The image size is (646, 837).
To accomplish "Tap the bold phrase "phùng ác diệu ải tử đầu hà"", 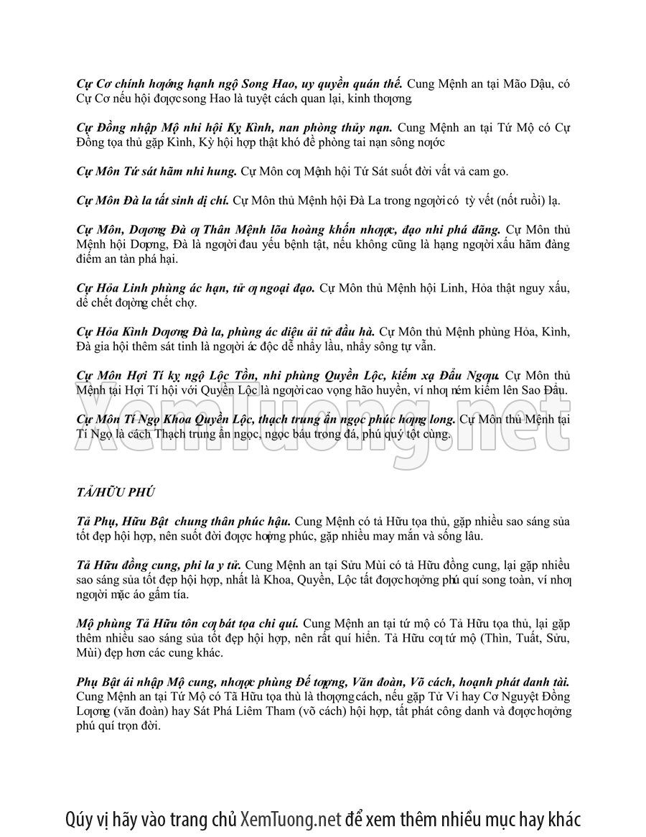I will coord(309,332).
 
